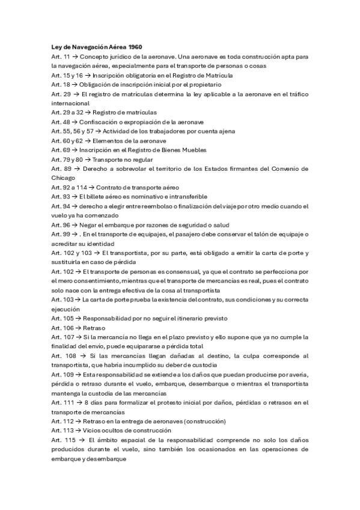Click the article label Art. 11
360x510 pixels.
(x=60, y=56)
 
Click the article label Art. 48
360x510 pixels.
(x=60, y=121)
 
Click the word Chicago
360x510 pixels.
(x=64, y=178)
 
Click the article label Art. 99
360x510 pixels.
(x=60, y=234)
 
